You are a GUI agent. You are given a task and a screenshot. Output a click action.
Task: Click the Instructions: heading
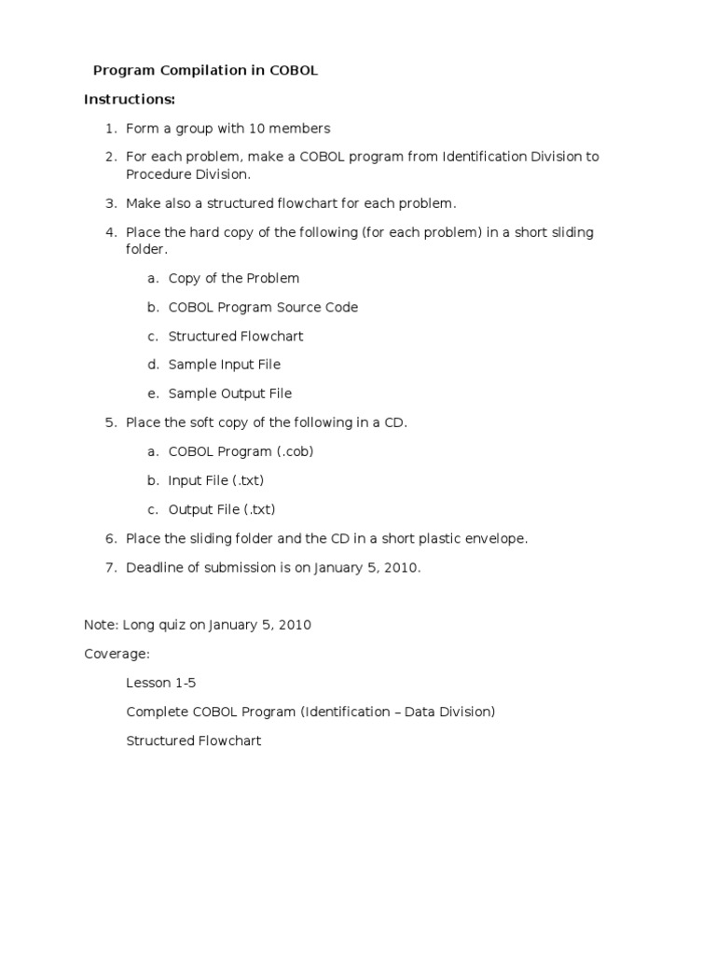point(130,99)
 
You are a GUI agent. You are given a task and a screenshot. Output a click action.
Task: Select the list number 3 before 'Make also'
point(110,203)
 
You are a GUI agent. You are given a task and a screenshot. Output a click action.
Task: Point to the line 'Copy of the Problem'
point(234,278)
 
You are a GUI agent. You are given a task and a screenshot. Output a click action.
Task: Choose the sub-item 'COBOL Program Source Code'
point(263,307)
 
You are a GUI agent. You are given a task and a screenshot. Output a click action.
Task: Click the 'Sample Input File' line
point(224,365)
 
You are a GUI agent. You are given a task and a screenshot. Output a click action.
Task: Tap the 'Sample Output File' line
point(229,394)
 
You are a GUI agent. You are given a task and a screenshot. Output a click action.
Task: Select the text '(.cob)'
point(294,451)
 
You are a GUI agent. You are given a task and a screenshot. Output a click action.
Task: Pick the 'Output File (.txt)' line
point(222,509)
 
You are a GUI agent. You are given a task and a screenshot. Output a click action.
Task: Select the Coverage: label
point(117,654)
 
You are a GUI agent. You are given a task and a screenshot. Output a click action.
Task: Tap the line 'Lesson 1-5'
point(160,683)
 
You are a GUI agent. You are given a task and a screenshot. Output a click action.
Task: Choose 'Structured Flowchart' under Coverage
point(194,740)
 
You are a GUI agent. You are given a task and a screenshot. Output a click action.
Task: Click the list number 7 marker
point(110,567)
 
